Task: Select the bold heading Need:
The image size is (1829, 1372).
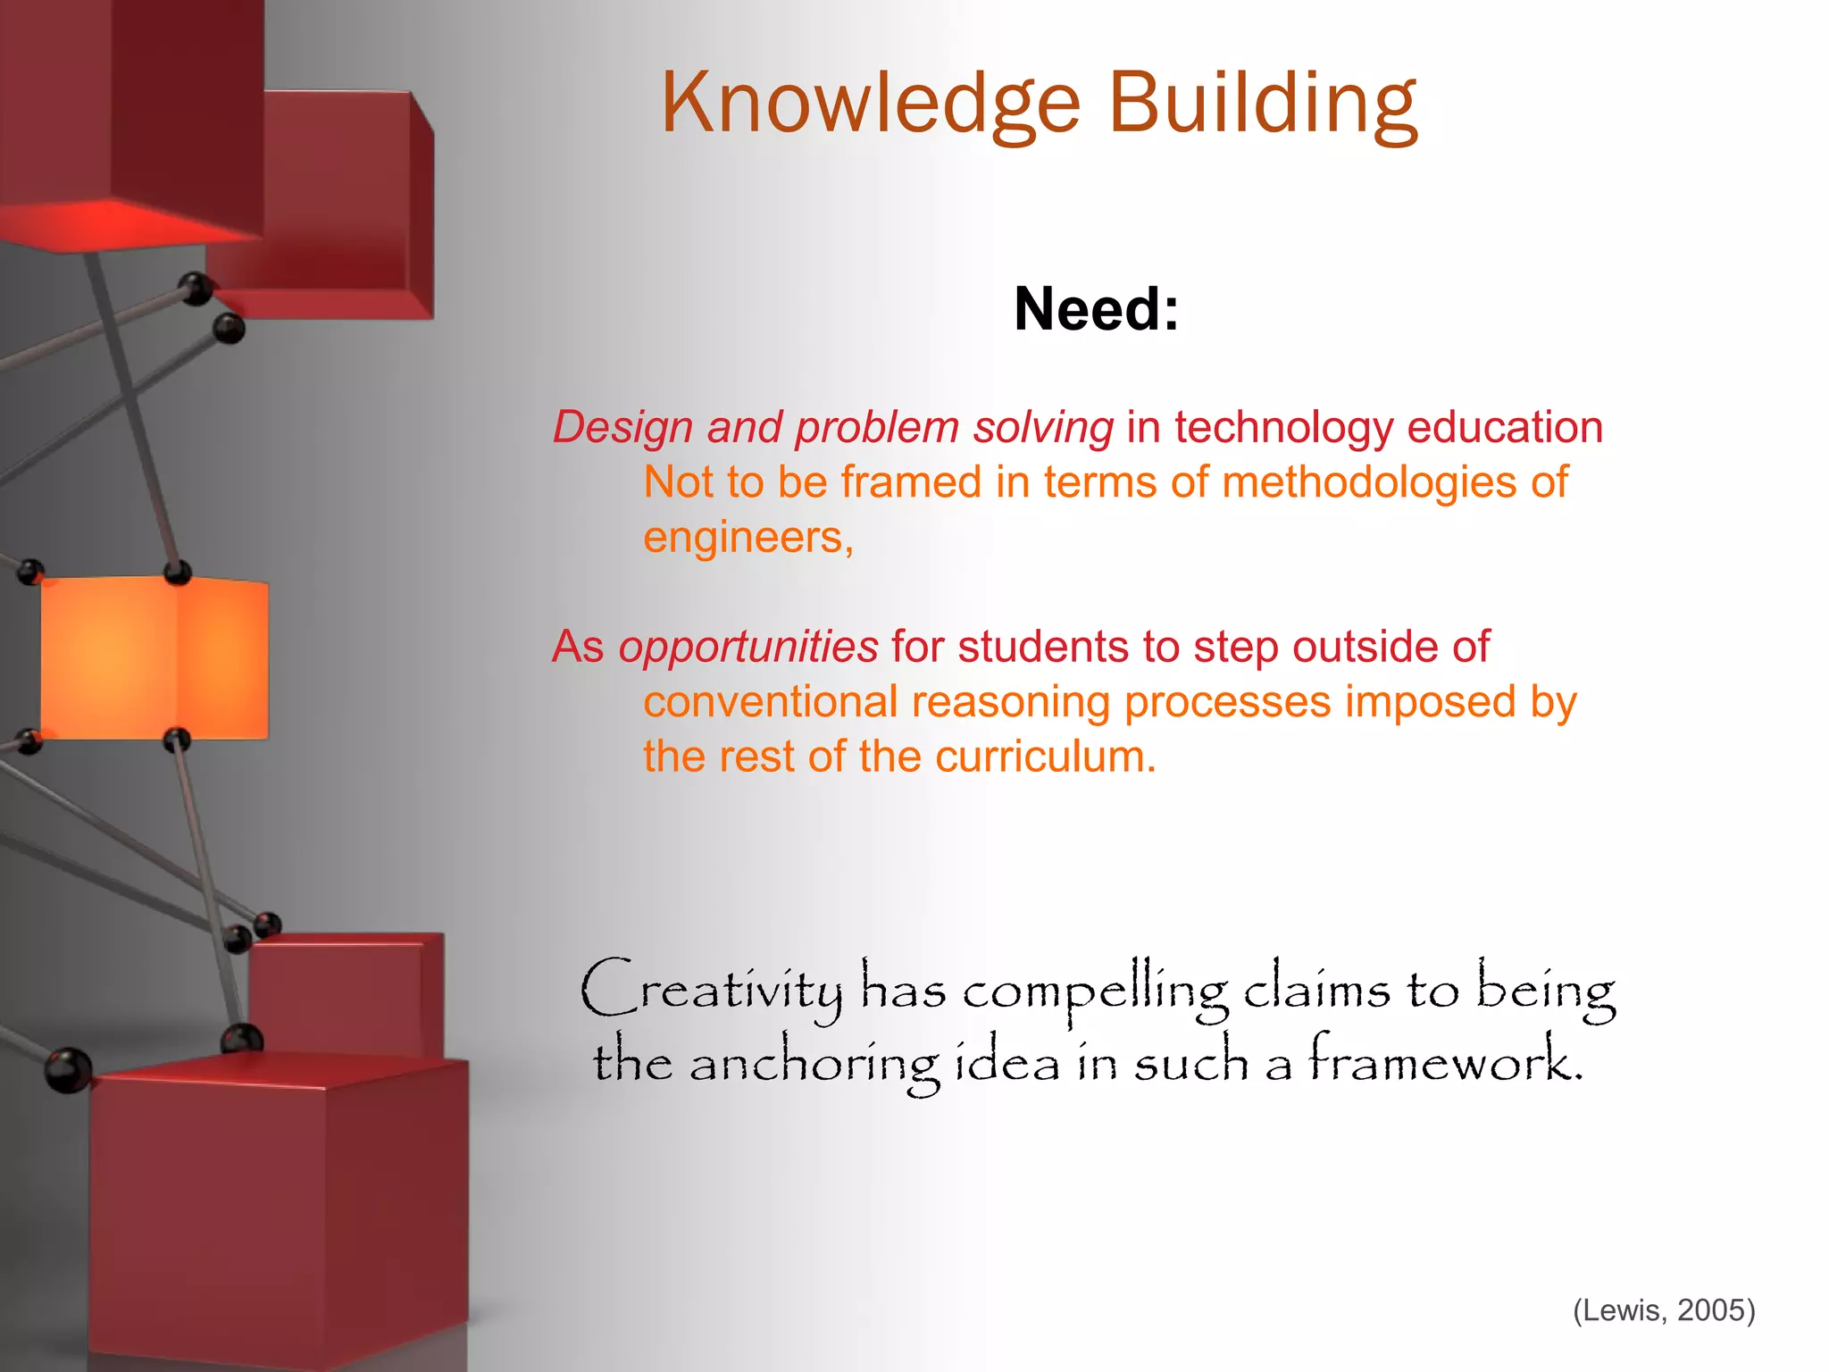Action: coord(1096,309)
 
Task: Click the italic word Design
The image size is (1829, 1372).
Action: coord(622,428)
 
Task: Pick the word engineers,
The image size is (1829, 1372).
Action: coord(748,538)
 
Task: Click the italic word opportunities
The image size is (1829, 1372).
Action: coord(748,647)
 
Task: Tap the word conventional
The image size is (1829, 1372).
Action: coord(770,702)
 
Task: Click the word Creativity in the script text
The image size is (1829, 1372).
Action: coord(711,990)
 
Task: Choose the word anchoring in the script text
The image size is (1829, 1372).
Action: coord(814,1065)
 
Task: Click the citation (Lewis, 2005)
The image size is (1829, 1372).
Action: coord(1664,1310)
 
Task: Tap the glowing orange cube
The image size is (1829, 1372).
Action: coord(154,657)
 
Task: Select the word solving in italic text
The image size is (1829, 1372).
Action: coord(1043,428)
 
